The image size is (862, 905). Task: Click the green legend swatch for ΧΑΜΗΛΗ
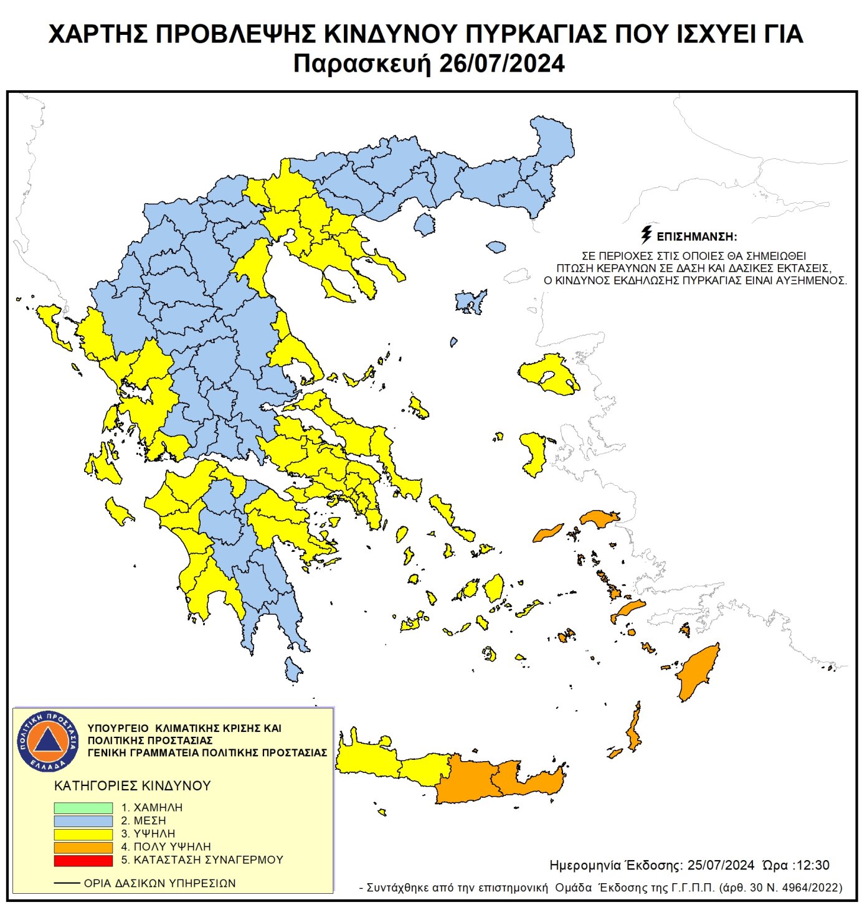tap(83, 808)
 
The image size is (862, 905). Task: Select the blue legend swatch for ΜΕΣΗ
tap(83, 821)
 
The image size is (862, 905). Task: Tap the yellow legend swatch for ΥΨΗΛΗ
tap(83, 834)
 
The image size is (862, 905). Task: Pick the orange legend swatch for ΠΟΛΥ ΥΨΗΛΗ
tap(83, 847)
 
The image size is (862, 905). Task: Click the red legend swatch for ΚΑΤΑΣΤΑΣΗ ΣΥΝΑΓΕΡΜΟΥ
tap(83, 860)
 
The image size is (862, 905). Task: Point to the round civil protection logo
tap(48, 741)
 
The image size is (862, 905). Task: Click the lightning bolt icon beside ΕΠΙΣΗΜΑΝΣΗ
tap(646, 235)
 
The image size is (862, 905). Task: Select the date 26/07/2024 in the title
tap(502, 64)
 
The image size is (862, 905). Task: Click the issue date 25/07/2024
tap(721, 865)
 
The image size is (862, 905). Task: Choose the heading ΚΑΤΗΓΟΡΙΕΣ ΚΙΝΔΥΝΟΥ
tap(133, 786)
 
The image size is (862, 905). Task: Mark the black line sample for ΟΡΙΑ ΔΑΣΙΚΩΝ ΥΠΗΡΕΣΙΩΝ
tap(67, 883)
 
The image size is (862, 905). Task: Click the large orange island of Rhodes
tap(697, 673)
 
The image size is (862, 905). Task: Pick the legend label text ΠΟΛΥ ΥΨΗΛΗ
tap(172, 847)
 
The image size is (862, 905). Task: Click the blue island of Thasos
tap(424, 224)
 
